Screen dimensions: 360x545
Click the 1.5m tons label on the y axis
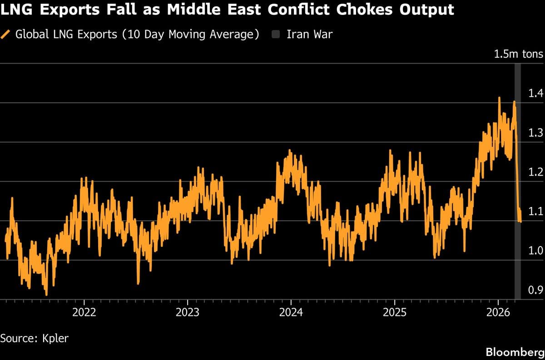[518, 54]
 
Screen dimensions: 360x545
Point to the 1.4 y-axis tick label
[536, 94]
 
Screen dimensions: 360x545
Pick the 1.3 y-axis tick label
[536, 133]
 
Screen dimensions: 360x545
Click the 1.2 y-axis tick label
[536, 172]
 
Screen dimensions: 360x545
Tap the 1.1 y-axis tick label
[536, 211]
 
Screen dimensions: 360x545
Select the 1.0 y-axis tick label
[536, 251]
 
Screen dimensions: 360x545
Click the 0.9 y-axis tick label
[536, 290]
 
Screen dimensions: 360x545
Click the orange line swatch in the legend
[6, 35]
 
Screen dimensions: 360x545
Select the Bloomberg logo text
[514, 352]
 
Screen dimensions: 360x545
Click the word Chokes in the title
[358, 10]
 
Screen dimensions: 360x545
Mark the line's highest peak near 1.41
[499, 98]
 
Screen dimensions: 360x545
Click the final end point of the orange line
[520, 221]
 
